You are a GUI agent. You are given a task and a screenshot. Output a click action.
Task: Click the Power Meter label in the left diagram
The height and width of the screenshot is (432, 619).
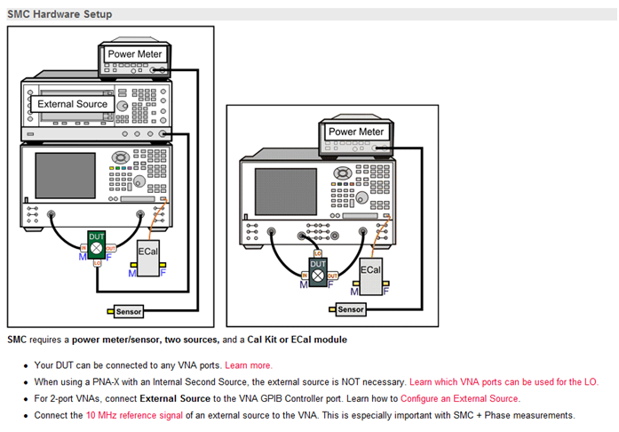point(134,54)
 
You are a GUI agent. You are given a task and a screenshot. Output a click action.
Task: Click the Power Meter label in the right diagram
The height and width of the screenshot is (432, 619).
point(355,132)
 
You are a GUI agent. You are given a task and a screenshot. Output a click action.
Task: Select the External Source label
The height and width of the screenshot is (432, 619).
point(73,104)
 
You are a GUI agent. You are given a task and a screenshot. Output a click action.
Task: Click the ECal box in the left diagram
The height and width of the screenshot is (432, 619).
point(147,253)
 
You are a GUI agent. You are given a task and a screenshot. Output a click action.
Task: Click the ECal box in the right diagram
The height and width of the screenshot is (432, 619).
point(370,269)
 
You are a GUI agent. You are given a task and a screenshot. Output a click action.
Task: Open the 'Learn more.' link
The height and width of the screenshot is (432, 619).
point(249,365)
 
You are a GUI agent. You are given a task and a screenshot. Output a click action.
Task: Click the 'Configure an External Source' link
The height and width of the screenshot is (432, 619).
point(460,398)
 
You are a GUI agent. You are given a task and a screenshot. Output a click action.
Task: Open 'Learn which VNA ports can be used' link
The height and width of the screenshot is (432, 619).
point(503,381)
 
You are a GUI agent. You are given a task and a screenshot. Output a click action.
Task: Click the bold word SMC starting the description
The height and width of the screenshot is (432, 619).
point(17,340)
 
